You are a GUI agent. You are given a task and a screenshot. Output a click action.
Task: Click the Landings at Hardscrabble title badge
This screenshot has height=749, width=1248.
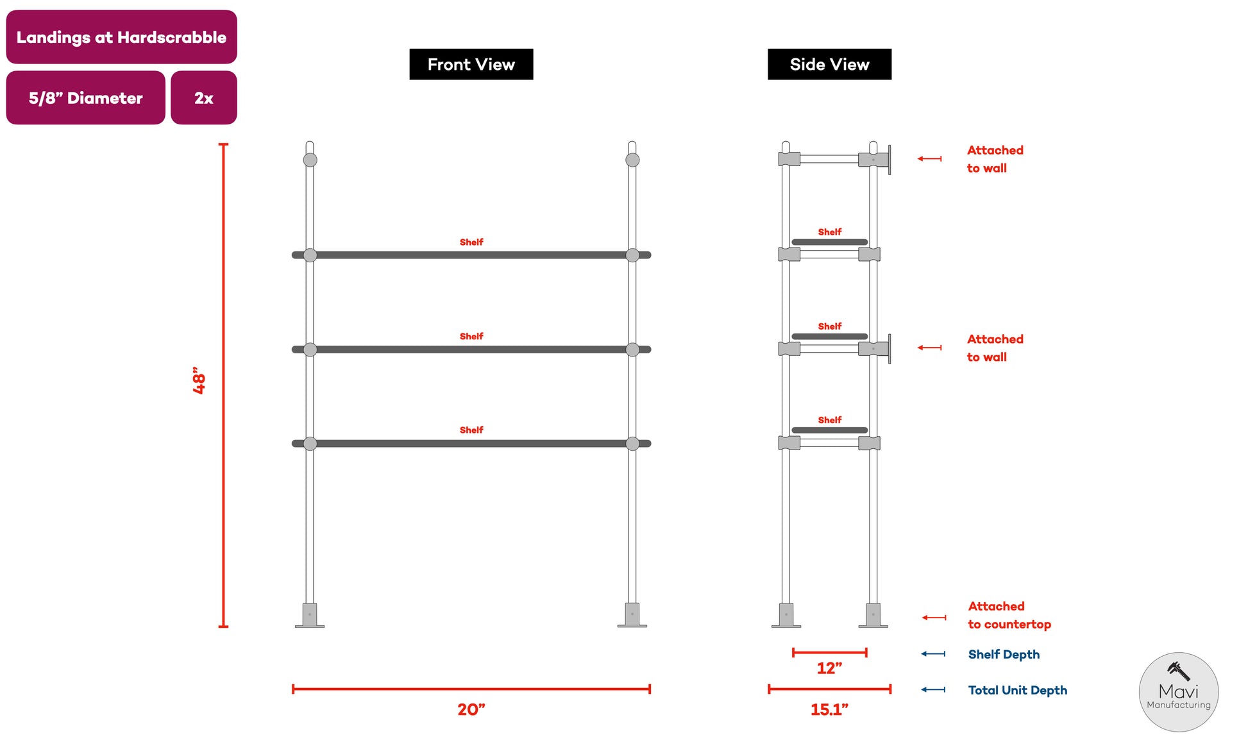pos(121,37)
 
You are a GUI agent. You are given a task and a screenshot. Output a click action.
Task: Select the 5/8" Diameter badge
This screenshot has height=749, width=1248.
pos(86,97)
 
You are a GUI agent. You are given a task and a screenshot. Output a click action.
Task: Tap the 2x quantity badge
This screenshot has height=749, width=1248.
pos(204,97)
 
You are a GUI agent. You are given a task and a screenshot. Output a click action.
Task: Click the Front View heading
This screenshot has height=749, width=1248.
pos(471,64)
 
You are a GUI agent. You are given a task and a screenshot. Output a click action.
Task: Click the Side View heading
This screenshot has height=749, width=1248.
pos(829,64)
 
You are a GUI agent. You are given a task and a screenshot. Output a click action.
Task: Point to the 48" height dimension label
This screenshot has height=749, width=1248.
pos(199,380)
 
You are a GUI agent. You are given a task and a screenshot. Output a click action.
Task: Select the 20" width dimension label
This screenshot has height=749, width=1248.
pos(471,709)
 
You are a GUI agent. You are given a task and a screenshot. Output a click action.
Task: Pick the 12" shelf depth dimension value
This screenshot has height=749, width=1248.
pos(829,668)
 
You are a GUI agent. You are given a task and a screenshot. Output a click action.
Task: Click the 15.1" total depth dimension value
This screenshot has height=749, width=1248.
pos(829,709)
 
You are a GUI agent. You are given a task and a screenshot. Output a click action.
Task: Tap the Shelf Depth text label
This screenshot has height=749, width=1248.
pos(1004,655)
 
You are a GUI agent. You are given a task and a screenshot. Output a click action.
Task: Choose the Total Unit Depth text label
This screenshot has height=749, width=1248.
pos(1018,691)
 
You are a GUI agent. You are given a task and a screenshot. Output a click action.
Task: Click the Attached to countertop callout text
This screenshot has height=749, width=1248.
pos(1009,615)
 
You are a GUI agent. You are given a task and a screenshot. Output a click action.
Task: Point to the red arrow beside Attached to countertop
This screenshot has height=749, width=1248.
pos(934,618)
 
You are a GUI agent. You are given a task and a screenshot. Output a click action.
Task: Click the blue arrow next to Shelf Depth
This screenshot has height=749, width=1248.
pos(933,654)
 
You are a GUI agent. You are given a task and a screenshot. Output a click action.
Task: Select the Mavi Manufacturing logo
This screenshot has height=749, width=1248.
pos(1179,692)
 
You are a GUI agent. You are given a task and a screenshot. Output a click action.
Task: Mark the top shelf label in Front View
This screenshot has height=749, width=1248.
pos(471,242)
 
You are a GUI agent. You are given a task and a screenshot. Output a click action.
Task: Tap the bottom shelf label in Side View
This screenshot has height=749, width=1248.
pos(829,420)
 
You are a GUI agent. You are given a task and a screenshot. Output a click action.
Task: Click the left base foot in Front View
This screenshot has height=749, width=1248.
pos(310,615)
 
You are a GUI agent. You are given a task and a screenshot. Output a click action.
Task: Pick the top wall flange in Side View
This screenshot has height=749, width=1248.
pos(890,160)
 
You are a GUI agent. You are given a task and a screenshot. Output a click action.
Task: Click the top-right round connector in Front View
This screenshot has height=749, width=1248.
pos(632,160)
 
